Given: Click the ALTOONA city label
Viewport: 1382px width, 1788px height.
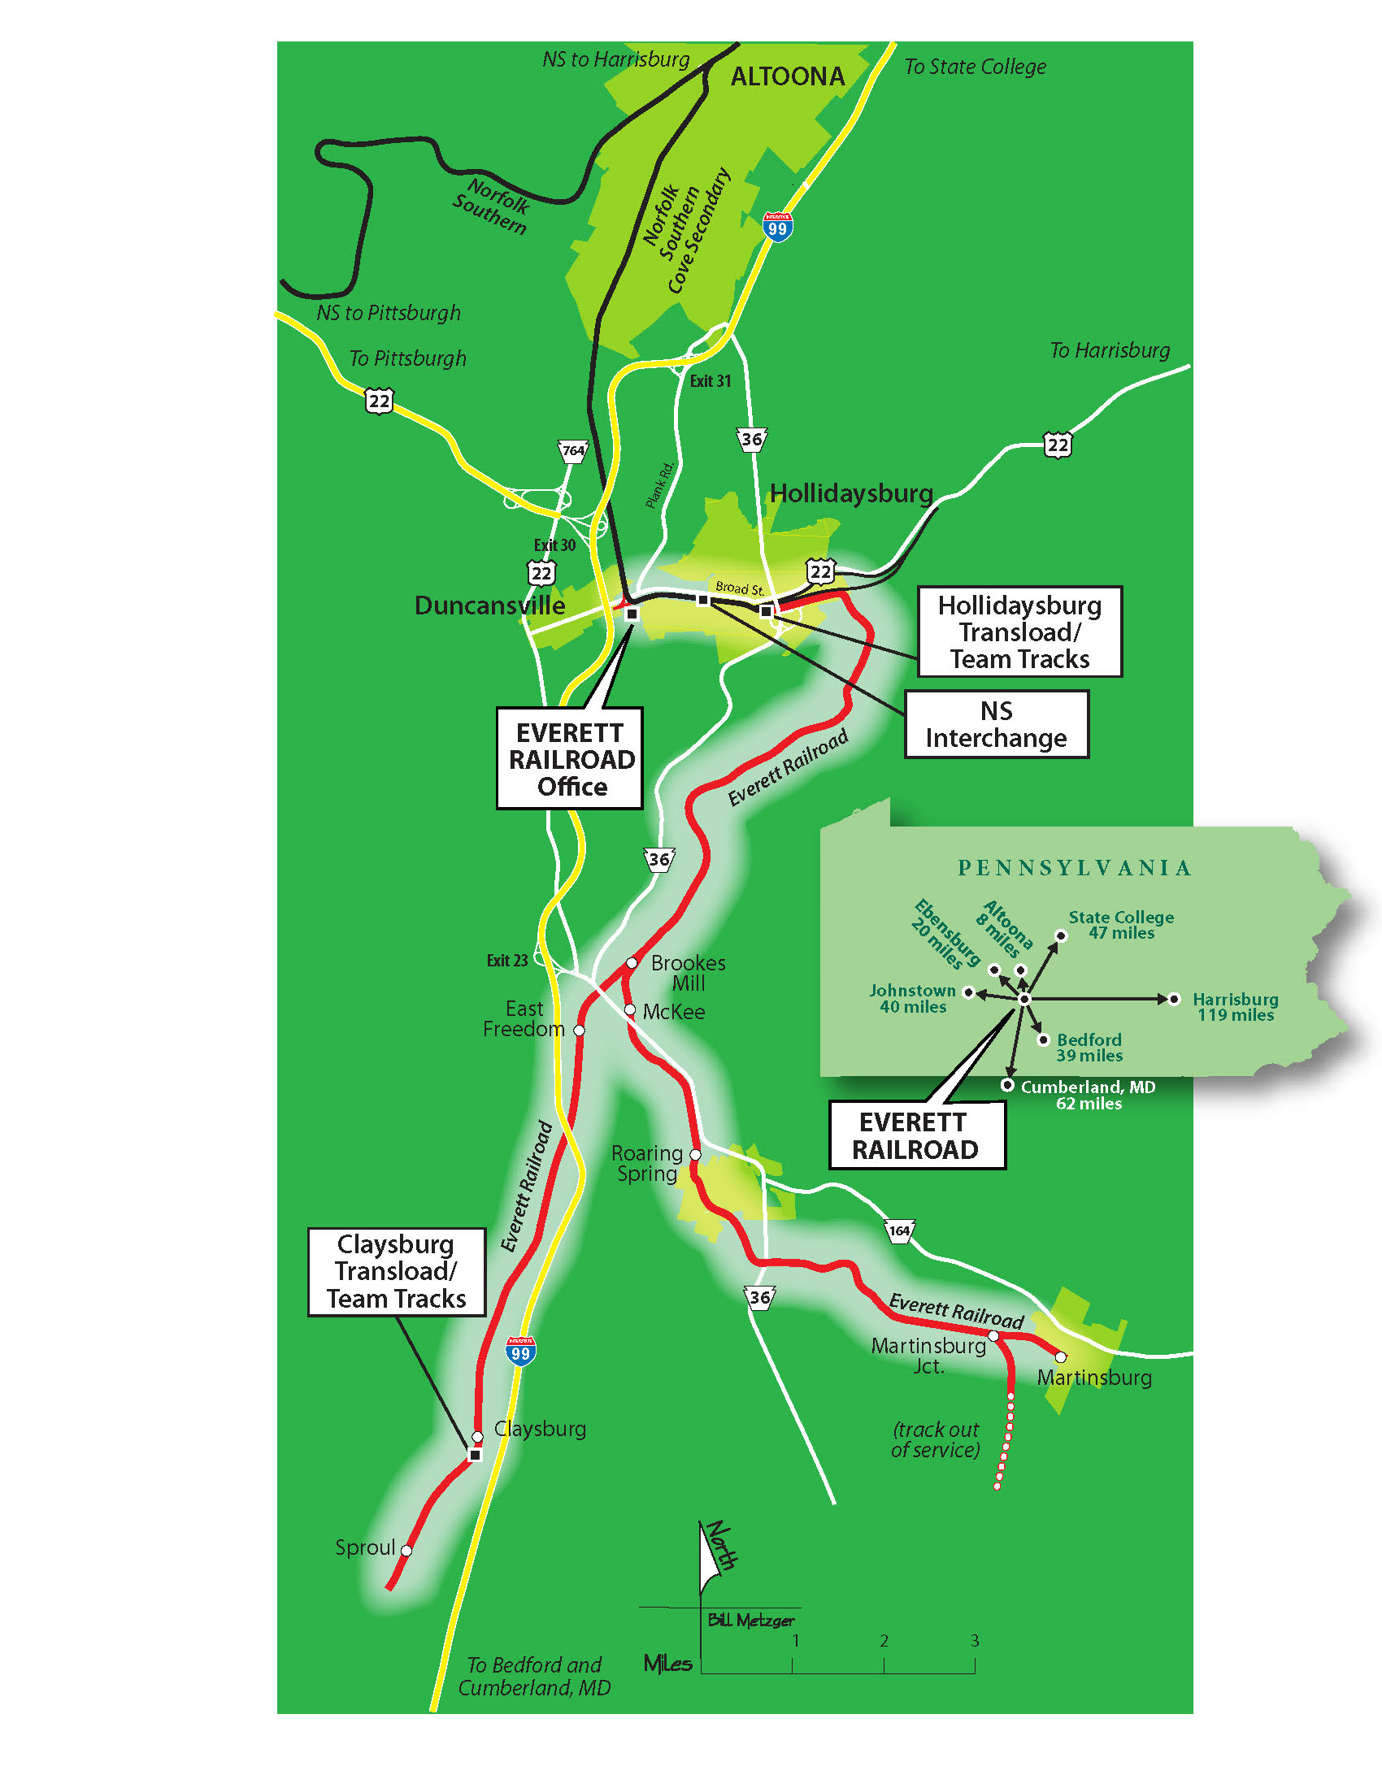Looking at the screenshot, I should click(787, 77).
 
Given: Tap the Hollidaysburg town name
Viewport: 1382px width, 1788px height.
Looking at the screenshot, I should click(851, 493).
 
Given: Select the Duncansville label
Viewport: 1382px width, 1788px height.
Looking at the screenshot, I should click(489, 605).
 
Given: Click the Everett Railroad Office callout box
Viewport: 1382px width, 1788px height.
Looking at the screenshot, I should click(570, 759).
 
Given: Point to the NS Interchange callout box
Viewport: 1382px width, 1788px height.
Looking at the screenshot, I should click(997, 724).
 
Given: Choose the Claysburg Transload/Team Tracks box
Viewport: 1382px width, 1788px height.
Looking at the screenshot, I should click(397, 1271).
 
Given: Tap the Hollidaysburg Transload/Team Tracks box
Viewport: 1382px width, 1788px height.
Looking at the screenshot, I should click(1019, 632).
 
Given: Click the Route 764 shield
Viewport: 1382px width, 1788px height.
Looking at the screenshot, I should click(573, 451).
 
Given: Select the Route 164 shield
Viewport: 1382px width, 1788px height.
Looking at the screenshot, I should click(899, 1230).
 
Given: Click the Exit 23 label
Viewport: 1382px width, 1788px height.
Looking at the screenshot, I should click(507, 961).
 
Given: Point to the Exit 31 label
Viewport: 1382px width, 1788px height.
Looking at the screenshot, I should click(710, 380).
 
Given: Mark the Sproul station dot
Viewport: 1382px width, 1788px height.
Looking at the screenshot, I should click(406, 1550).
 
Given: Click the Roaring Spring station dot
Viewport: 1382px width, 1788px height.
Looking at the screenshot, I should click(695, 1154).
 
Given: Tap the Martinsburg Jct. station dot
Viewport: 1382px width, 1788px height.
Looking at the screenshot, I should click(993, 1335).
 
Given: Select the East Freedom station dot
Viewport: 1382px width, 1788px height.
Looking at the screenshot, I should click(579, 1030).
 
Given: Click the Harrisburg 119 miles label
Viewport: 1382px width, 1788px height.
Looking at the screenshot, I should click(1236, 1007).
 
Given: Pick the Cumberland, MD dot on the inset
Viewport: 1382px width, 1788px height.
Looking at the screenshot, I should click(1007, 1085).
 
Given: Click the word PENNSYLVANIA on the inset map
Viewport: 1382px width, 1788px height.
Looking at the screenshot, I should click(1074, 868).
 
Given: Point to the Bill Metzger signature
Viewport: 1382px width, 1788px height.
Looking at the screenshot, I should click(751, 1620).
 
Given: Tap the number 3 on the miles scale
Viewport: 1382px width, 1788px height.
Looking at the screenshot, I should click(974, 1641).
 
